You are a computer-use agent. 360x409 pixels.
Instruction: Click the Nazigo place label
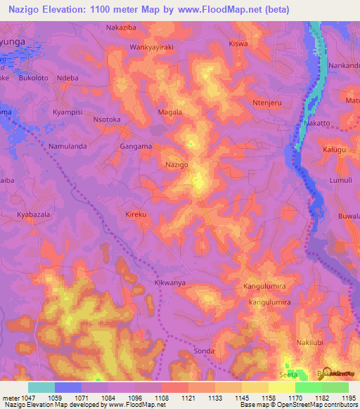click(x=176, y=164)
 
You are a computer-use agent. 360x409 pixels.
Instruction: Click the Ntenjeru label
click(x=267, y=103)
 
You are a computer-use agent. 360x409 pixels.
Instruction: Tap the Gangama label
click(x=136, y=146)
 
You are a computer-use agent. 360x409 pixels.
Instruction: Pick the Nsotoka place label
click(x=107, y=120)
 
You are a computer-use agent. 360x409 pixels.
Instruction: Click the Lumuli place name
click(x=340, y=181)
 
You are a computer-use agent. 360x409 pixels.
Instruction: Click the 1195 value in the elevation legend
click(x=347, y=398)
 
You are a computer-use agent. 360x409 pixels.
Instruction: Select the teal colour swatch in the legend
click(x=41, y=387)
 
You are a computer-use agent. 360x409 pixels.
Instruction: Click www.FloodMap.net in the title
click(x=218, y=10)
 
